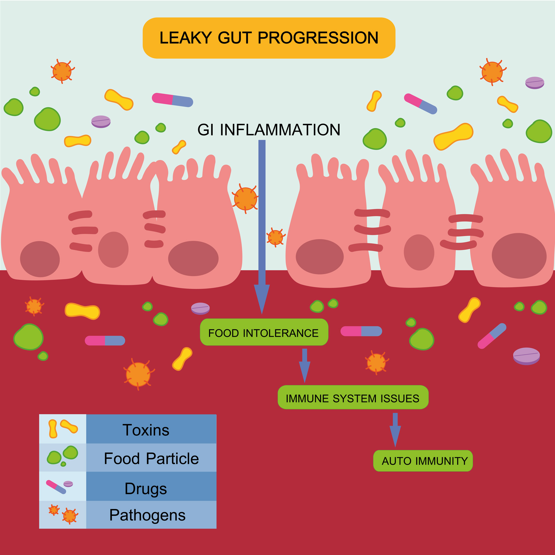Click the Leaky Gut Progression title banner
click(269, 38)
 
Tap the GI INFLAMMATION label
click(269, 130)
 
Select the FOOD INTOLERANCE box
click(264, 332)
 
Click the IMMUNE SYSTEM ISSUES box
click(353, 397)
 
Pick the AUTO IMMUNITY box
click(423, 461)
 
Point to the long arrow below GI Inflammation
click(262, 227)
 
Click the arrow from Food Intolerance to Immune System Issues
click(305, 366)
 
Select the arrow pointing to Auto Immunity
click(395, 430)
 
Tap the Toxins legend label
click(146, 430)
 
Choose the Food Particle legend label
click(151, 458)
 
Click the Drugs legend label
click(146, 489)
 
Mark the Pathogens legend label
click(147, 515)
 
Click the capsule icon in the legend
click(56, 487)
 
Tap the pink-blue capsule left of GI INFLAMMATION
click(173, 100)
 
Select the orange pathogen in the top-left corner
click(62, 71)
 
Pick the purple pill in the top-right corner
click(535, 83)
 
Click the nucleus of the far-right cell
click(519, 256)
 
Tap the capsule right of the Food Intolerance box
click(361, 331)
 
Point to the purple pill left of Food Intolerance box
click(200, 308)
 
